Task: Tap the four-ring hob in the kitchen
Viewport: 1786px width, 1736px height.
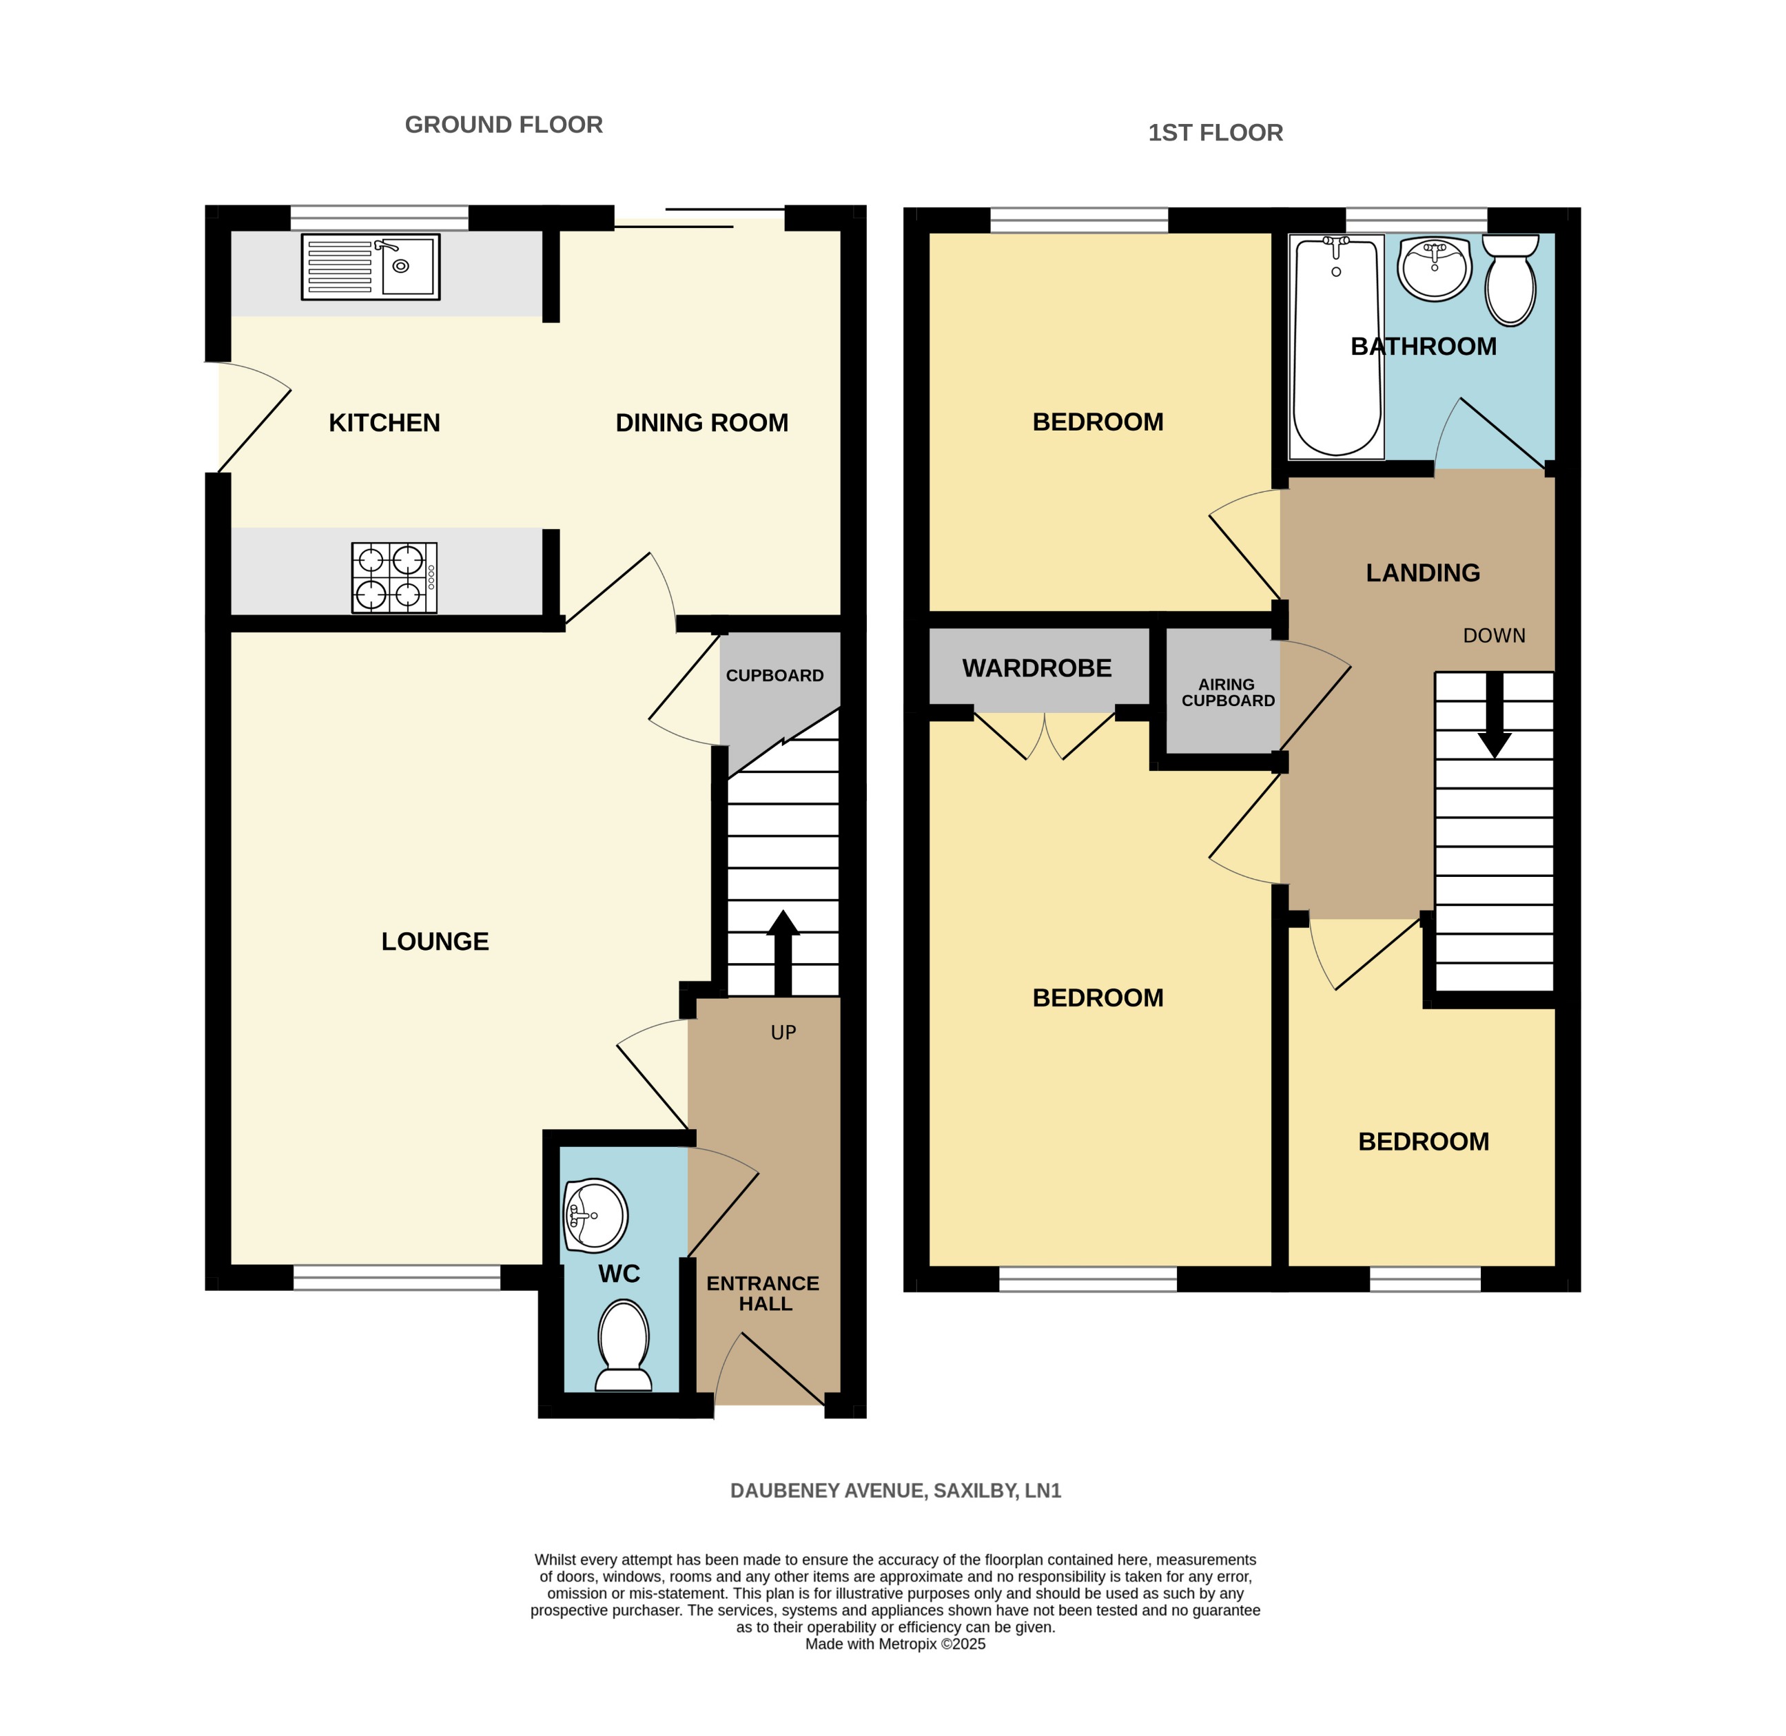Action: pyautogui.click(x=394, y=578)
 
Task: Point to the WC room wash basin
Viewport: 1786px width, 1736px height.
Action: pyautogui.click(x=595, y=1215)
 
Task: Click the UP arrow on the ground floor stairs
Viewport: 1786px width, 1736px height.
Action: pyautogui.click(x=783, y=952)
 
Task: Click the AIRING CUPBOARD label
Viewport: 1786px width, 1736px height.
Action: pyautogui.click(x=1227, y=692)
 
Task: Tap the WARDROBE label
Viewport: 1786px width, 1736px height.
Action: pyautogui.click(x=1036, y=668)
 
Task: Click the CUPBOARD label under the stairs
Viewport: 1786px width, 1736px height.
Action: pyautogui.click(x=774, y=676)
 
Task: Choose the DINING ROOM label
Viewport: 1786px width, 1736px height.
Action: pyautogui.click(x=701, y=423)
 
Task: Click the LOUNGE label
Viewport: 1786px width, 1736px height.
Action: pyautogui.click(x=435, y=941)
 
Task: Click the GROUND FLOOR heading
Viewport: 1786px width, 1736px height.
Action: pyautogui.click(x=504, y=125)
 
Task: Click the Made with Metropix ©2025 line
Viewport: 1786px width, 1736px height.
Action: pyautogui.click(x=895, y=1644)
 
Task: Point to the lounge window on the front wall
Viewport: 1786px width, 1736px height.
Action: pyautogui.click(x=397, y=1279)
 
